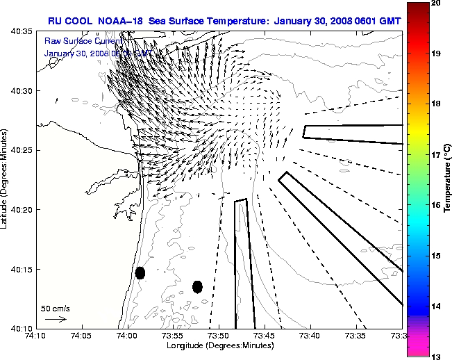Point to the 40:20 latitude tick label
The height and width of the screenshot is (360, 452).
click(x=19, y=210)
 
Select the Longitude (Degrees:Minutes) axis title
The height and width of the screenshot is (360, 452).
click(x=219, y=345)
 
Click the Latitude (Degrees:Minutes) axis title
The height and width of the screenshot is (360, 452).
click(x=6, y=180)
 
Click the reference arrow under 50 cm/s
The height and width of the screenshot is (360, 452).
click(x=56, y=319)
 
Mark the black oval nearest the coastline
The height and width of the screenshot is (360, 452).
click(x=140, y=272)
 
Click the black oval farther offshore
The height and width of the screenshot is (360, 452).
click(x=197, y=286)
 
